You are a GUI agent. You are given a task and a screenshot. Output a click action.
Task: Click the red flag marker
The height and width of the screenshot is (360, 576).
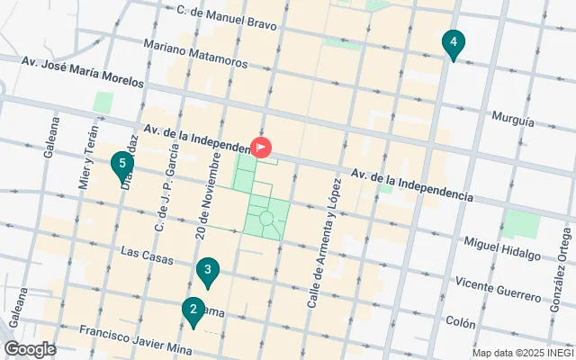(261, 147)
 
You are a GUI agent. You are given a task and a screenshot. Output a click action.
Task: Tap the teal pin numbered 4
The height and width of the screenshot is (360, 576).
(454, 43)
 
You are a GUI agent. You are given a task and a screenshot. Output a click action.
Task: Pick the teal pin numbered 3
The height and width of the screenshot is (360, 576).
(208, 271)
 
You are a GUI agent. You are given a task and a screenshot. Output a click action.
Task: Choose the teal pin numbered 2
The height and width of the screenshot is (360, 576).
(192, 311)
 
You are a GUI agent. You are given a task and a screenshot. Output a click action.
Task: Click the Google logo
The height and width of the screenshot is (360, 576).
(30, 349)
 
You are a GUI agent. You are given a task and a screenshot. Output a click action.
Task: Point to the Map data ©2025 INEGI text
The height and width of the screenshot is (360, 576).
(522, 353)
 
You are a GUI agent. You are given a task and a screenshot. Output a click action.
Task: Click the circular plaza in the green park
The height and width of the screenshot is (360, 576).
(266, 218)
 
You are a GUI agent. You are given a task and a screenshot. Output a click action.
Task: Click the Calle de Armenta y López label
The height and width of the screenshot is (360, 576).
(324, 244)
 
